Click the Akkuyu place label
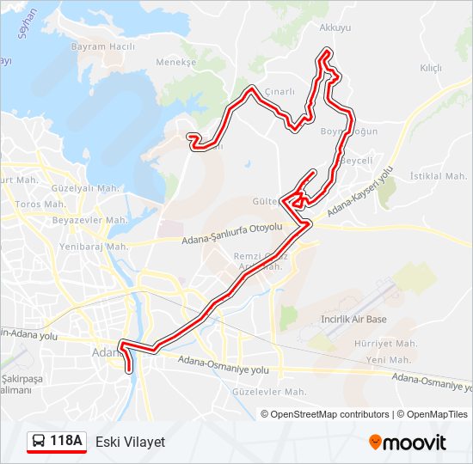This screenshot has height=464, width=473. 335,28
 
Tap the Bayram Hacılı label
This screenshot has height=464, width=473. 103,46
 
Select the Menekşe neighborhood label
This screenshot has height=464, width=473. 176,63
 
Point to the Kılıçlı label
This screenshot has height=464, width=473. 430,68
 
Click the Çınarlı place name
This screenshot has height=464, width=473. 280,92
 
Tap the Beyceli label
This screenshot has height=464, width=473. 357,161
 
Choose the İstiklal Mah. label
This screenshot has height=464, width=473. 438,176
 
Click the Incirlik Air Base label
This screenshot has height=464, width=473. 353,320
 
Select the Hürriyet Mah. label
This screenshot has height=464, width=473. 386,343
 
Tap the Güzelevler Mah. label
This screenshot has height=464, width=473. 270,392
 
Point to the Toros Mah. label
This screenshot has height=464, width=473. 40,205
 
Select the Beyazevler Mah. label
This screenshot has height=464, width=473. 90,221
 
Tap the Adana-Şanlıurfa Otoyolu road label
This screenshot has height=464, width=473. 232,235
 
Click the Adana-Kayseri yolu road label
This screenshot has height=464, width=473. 360,192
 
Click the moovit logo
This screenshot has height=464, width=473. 408,443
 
